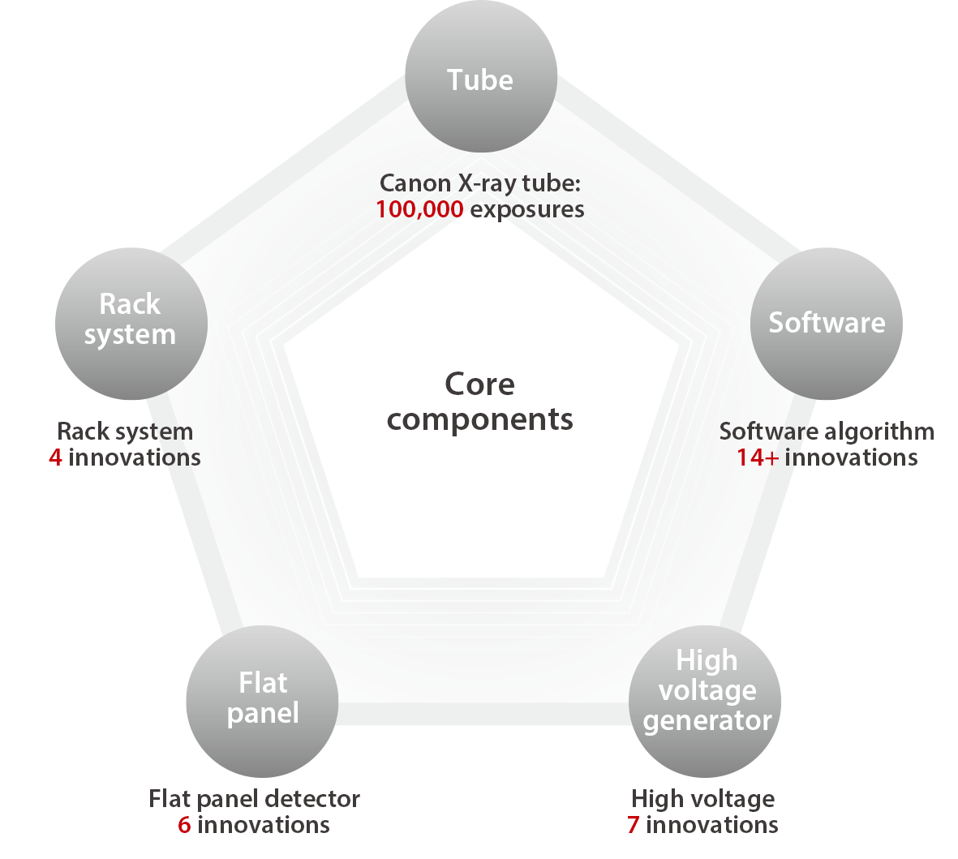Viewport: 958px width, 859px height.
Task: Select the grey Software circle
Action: pyautogui.click(x=826, y=324)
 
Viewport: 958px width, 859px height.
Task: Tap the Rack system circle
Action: pyautogui.click(x=131, y=324)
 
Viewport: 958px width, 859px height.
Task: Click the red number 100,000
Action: pyautogui.click(x=419, y=209)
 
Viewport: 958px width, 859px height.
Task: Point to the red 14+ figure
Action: pyautogui.click(x=758, y=457)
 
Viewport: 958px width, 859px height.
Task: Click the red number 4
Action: pyautogui.click(x=55, y=457)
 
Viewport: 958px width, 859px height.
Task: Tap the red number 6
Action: pyautogui.click(x=184, y=825)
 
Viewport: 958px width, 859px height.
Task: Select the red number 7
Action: pyautogui.click(x=633, y=825)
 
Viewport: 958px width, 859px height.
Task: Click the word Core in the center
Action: pyautogui.click(x=479, y=384)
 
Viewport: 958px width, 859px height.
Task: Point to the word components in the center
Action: pyautogui.click(x=479, y=420)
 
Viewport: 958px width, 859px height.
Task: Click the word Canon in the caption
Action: pyautogui.click(x=415, y=183)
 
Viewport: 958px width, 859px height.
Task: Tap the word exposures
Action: pyautogui.click(x=527, y=209)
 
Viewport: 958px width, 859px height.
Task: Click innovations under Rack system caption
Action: pyautogui.click(x=135, y=457)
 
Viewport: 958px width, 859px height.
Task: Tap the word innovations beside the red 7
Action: pyautogui.click(x=712, y=825)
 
